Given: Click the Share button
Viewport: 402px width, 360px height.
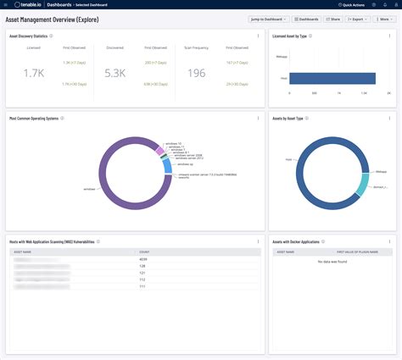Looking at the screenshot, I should tap(332, 18).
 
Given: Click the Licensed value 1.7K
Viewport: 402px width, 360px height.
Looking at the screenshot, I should tap(34, 73).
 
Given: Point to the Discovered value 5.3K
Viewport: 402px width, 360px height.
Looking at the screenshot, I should tap(116, 73).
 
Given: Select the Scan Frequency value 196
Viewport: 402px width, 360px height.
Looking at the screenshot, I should tap(197, 73).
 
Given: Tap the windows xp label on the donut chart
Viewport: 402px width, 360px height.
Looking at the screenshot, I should tap(184, 164).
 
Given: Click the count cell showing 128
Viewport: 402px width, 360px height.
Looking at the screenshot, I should tap(142, 266).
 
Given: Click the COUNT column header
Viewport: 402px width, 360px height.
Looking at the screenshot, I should tap(145, 252).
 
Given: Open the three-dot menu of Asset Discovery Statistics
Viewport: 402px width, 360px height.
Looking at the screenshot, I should tap(258, 36).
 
